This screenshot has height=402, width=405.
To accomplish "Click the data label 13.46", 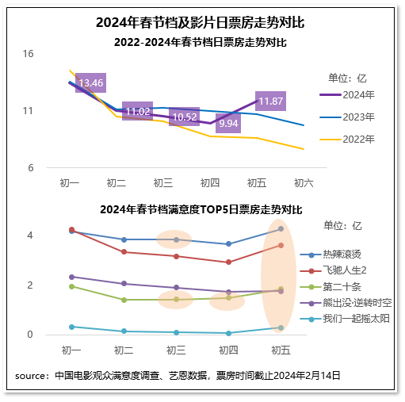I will click(x=91, y=82).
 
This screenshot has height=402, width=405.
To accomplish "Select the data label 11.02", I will click(x=138, y=112).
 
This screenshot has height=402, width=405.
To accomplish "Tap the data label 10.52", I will click(x=184, y=117).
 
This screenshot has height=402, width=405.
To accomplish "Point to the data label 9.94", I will click(x=228, y=124).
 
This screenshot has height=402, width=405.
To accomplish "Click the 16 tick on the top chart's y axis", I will click(x=29, y=54).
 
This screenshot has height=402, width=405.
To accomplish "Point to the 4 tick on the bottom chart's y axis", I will click(x=29, y=235).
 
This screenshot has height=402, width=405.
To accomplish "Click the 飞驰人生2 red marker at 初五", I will click(x=281, y=245).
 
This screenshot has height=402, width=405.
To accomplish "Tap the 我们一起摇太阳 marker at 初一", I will click(x=71, y=327).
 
